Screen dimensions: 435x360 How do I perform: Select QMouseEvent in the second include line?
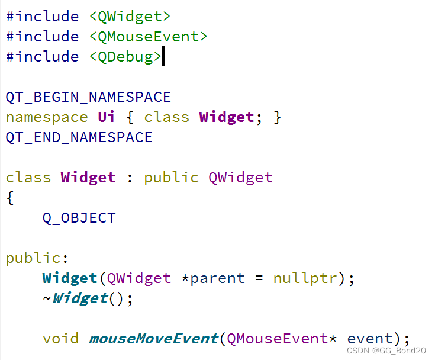(x=148, y=36)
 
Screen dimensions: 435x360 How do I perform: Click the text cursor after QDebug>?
(x=163, y=56)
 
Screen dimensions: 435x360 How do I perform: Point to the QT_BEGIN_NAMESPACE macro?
(x=88, y=97)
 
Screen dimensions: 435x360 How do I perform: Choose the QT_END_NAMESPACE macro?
(x=79, y=137)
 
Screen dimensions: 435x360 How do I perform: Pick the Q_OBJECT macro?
(x=79, y=217)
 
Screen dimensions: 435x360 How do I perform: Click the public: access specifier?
(x=37, y=258)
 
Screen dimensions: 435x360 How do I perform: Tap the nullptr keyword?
(x=305, y=278)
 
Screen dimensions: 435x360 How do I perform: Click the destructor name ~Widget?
(x=75, y=298)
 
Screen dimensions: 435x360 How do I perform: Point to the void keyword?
(x=60, y=339)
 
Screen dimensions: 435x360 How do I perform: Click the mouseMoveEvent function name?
(x=153, y=339)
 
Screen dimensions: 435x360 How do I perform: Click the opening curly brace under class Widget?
(x=9, y=198)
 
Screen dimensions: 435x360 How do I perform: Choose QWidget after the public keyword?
(x=240, y=177)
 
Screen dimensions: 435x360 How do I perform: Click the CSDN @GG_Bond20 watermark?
(x=386, y=350)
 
